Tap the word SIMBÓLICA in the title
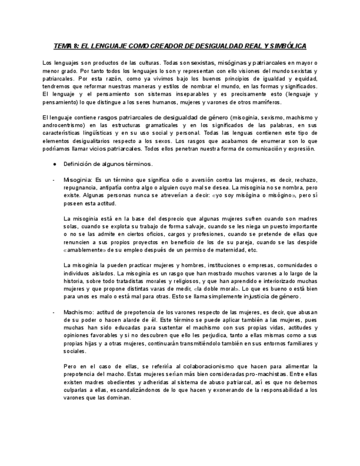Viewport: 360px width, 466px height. pos(285,46)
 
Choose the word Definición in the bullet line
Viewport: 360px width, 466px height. pos(81,164)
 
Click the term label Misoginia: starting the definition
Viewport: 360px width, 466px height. pos(78,180)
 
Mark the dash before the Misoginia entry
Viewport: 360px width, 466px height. pos(53,180)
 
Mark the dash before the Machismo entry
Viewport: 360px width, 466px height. pos(53,312)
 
